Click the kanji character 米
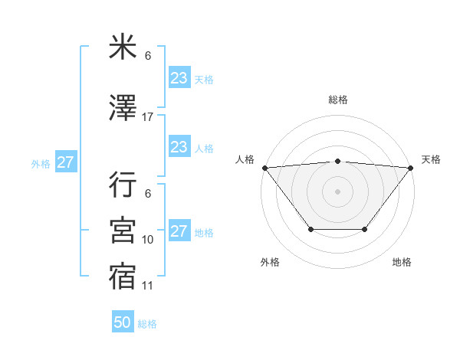123,47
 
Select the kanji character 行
123,185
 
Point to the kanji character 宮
123,229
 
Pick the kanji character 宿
123,275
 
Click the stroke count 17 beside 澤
148,117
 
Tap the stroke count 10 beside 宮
148,240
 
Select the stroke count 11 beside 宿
148,286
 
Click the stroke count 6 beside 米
148,56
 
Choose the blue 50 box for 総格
123,322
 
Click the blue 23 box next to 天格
179,77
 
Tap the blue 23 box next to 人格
179,147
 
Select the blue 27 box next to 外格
65,162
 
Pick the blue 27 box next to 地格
179,231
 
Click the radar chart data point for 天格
410,168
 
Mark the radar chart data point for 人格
264,168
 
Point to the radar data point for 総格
337,161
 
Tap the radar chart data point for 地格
365,229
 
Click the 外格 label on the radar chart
270,262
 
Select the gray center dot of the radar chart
337,191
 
